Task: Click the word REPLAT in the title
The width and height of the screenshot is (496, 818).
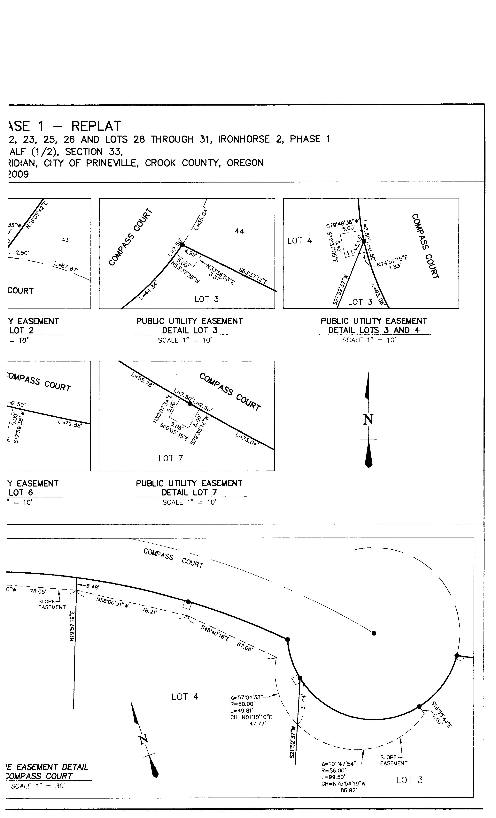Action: click(96, 126)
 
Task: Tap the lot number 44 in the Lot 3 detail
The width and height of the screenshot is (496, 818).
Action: click(239, 231)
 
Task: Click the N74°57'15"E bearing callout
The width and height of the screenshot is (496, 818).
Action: click(392, 259)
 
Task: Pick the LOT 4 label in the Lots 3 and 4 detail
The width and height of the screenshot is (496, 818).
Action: click(299, 241)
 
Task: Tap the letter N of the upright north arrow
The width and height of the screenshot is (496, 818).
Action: click(368, 420)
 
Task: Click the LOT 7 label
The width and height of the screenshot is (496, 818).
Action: click(171, 458)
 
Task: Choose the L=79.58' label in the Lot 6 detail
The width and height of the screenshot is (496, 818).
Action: click(69, 424)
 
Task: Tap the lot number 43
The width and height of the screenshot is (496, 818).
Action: click(65, 240)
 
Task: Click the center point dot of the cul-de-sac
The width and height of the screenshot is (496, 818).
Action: click(374, 633)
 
